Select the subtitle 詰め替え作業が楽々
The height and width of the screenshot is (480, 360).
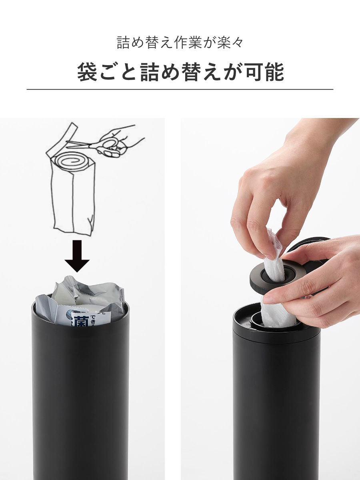(x=180, y=42)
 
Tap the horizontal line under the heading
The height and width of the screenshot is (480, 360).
(x=180, y=89)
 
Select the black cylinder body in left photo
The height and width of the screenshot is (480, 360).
(x=80, y=400)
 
